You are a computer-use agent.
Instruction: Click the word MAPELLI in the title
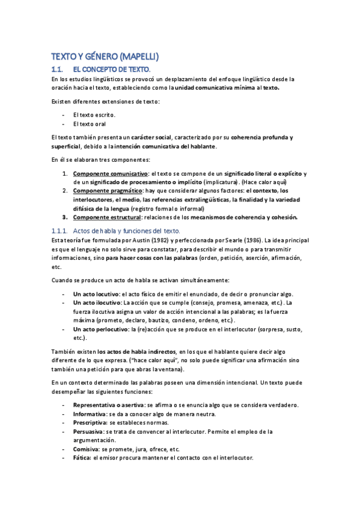pos(139,57)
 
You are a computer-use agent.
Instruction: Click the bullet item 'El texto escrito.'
pos(94,114)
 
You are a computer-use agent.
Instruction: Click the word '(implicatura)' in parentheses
pos(221,182)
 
